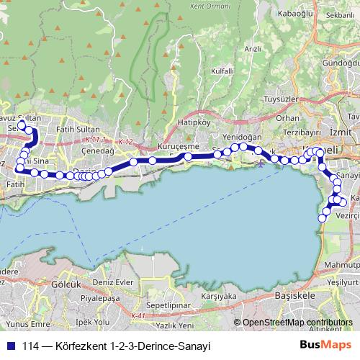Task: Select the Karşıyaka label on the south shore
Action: pos(219,296)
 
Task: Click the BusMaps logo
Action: pos(328,346)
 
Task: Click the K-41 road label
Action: pos(140,315)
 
